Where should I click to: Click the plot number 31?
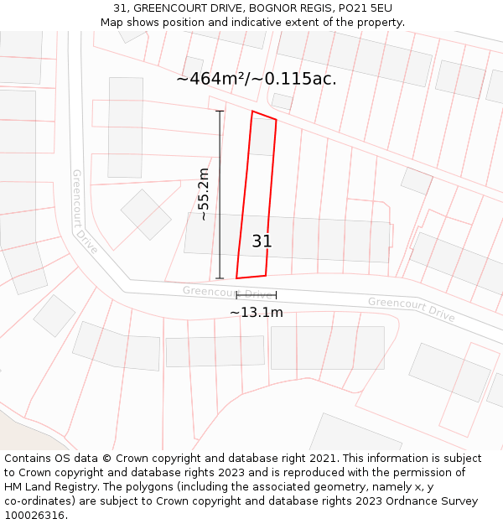(262, 241)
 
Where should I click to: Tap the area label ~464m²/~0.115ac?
(256, 79)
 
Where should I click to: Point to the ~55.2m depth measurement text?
(203, 195)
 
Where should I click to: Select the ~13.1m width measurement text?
(256, 313)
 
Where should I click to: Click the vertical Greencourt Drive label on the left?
(85, 211)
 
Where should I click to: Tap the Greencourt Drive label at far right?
(411, 309)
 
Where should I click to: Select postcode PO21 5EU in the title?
(366, 8)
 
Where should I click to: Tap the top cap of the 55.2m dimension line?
(220, 111)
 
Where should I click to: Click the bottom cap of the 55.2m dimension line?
(220, 278)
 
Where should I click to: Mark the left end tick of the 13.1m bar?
(236, 295)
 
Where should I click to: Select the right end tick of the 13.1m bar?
(276, 295)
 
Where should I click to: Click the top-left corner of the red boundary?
(252, 112)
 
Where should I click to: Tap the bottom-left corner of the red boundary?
(236, 278)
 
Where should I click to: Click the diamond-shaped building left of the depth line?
(146, 214)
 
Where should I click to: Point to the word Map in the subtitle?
(113, 23)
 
